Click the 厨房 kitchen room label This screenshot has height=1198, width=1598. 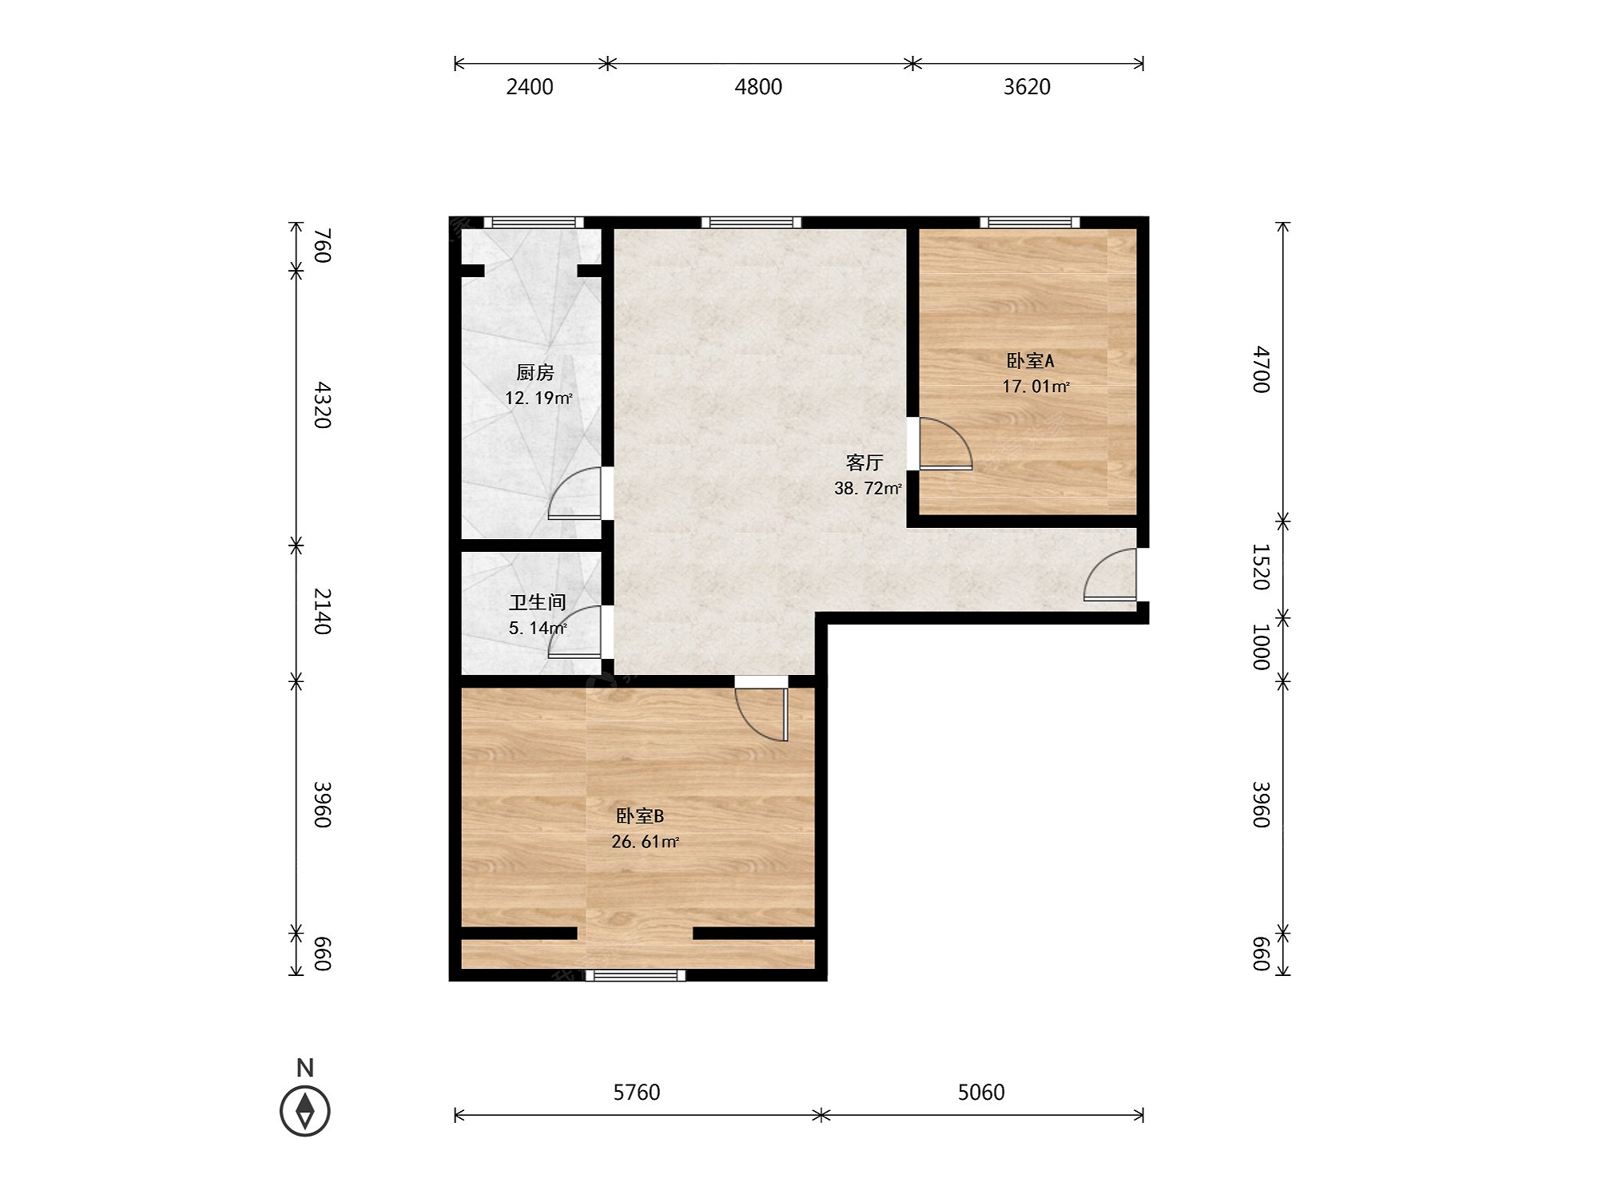(535, 372)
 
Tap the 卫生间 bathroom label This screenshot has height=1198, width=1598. (537, 602)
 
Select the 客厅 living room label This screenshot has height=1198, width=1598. (865, 462)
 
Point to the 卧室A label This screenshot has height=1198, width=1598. (1030, 361)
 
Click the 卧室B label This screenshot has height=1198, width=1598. (640, 815)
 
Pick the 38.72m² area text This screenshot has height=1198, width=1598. (868, 488)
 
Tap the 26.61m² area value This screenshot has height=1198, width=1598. (645, 841)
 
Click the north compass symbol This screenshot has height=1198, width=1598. (305, 1110)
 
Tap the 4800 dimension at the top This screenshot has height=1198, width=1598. (758, 86)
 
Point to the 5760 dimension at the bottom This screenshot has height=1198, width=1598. (637, 1092)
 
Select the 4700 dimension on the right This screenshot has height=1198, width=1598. (1261, 370)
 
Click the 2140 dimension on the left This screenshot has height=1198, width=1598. (321, 611)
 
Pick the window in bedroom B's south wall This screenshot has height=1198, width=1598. (636, 975)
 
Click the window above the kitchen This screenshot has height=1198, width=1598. (534, 223)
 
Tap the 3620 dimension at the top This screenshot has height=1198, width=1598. (1027, 86)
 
